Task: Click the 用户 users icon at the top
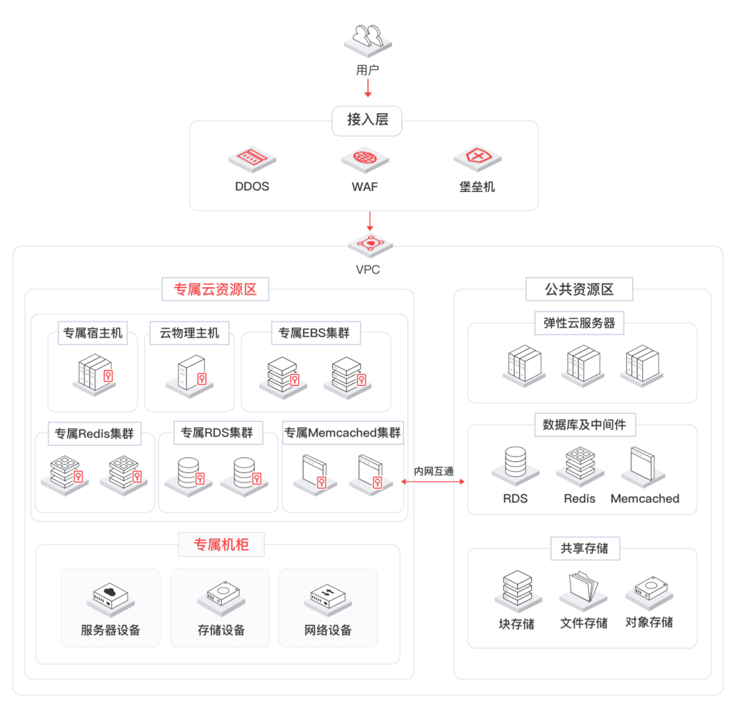click(x=368, y=41)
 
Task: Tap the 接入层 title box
click(x=367, y=121)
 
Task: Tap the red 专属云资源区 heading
click(x=215, y=289)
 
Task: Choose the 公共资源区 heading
click(x=579, y=289)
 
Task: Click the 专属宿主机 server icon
click(x=94, y=375)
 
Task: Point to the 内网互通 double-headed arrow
click(x=433, y=481)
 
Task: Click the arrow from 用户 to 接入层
click(x=368, y=88)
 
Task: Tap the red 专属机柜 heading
click(x=221, y=545)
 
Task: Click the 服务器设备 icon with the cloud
click(x=110, y=597)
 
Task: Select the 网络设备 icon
click(x=328, y=597)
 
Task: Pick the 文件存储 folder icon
click(x=583, y=591)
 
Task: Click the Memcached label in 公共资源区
click(x=645, y=498)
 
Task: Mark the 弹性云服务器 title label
click(x=579, y=323)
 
